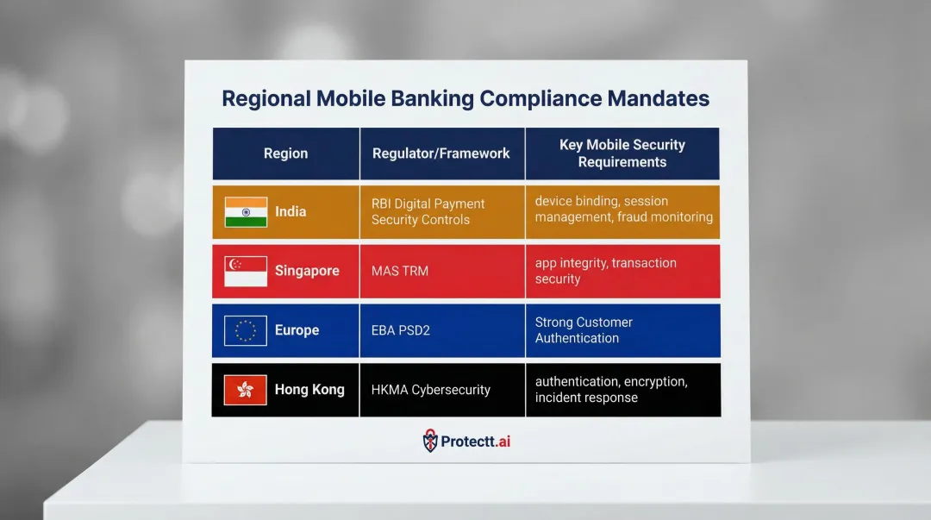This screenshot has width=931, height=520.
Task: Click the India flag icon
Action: pos(246,212)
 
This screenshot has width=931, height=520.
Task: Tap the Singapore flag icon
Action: pos(246,271)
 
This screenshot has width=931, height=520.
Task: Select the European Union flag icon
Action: pos(246,330)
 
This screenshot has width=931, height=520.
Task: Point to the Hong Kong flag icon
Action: pos(246,390)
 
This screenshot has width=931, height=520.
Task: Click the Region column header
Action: pos(285,153)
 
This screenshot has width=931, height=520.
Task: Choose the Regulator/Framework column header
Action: pos(441,153)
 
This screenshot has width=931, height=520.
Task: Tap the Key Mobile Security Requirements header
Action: pos(622,153)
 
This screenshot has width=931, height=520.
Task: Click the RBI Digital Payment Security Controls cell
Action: pos(428,212)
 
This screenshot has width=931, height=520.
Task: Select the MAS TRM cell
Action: pos(400,271)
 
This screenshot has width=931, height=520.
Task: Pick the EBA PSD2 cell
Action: pos(401,330)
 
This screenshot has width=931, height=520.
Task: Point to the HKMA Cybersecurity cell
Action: pos(431,390)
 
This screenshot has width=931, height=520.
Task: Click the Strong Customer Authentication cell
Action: pos(584,330)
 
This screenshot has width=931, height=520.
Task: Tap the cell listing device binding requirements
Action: pos(623,210)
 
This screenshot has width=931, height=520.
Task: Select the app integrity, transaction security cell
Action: pos(605,271)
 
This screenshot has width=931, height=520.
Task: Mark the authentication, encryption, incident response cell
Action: pos(610,390)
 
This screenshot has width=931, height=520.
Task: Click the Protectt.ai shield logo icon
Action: pos(430,442)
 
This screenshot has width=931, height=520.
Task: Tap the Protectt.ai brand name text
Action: pos(476,442)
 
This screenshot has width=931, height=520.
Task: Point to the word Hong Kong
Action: pos(309,390)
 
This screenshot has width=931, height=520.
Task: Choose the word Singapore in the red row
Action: pos(307,271)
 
